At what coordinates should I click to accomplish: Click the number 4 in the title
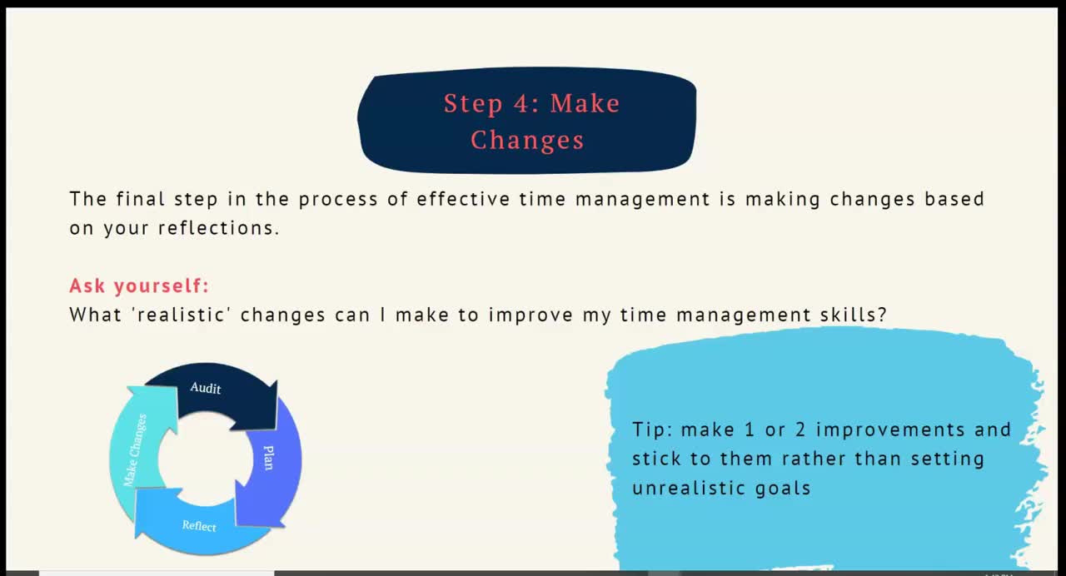[x=521, y=103]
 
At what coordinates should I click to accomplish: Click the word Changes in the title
[x=527, y=141]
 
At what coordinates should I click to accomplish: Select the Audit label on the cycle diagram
[x=206, y=388]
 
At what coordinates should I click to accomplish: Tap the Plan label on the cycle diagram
[x=269, y=458]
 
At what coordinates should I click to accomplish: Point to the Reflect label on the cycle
[x=199, y=525]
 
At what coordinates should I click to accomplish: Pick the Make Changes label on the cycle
[x=135, y=450]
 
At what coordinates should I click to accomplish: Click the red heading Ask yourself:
[x=139, y=286]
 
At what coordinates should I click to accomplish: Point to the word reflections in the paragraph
[x=218, y=228]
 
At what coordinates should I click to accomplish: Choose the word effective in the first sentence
[x=463, y=199]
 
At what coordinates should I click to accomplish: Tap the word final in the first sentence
[x=141, y=199]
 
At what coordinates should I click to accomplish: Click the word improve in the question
[x=531, y=315]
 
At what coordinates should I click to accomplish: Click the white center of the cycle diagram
[x=205, y=459]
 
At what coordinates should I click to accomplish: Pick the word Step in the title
[x=472, y=104]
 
